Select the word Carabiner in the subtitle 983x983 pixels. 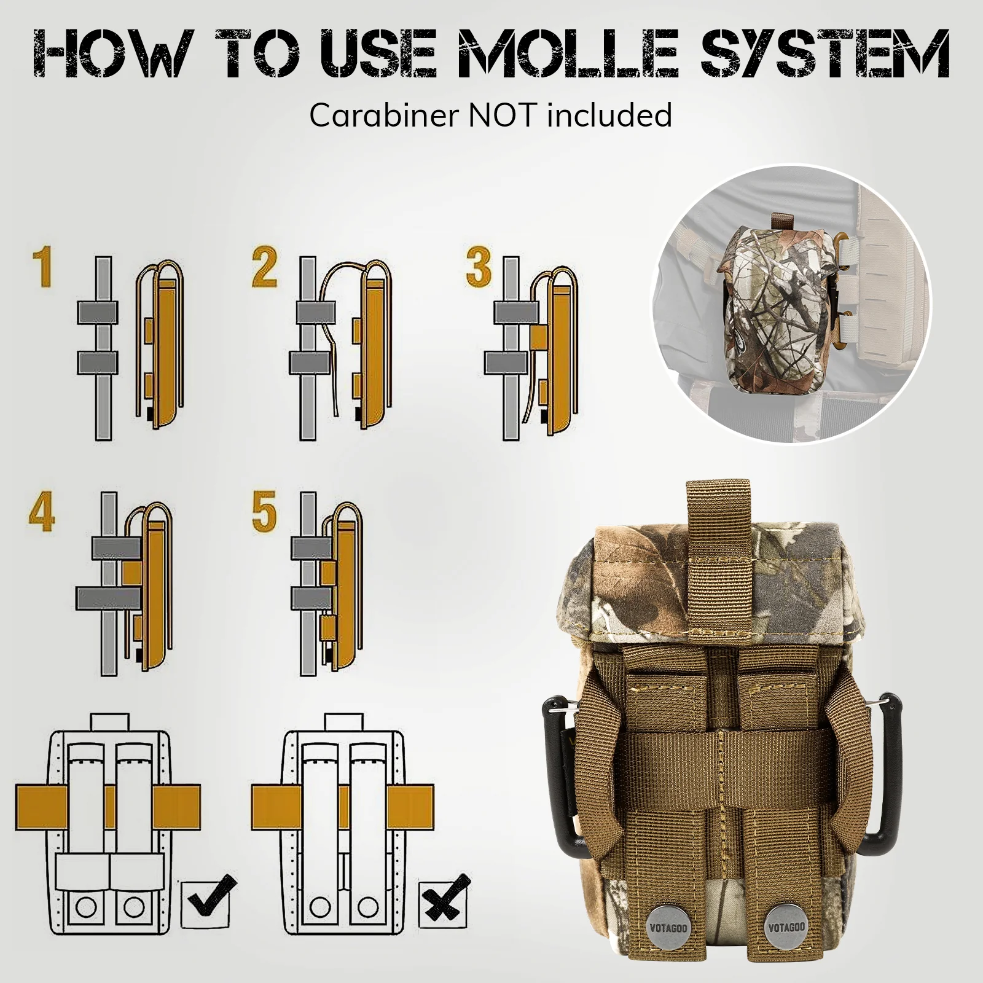tap(385, 115)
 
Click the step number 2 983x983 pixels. tap(265, 267)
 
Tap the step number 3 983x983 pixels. tap(479, 267)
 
